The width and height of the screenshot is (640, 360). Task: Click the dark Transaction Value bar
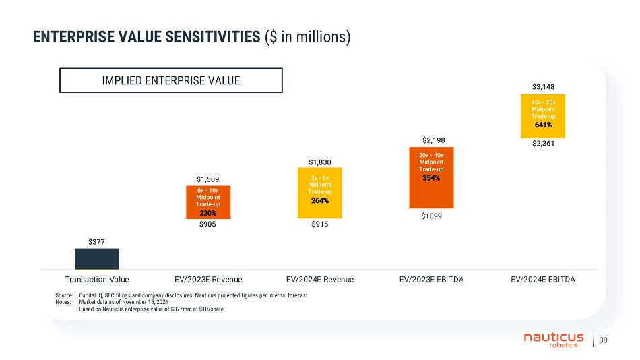[x=96, y=259]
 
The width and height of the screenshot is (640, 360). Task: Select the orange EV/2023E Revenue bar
[x=208, y=202]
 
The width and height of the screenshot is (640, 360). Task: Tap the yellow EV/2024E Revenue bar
[x=320, y=193]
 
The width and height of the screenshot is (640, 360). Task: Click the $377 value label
[x=96, y=241]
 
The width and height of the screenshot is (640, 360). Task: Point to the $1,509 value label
[x=208, y=179]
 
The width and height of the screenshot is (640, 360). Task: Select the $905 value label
[x=208, y=226]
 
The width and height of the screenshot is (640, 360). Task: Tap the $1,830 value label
[x=320, y=162]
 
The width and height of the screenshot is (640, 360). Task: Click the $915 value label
[x=320, y=226]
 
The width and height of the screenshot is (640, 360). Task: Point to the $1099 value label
[x=432, y=217]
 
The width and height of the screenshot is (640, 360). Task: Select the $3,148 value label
[x=543, y=86]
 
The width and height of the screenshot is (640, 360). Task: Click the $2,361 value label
[x=543, y=143]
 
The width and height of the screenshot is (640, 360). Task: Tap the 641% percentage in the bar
[x=543, y=125]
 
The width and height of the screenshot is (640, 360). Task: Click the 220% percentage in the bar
[x=208, y=213]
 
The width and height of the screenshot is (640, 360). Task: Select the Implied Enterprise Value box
[x=170, y=80]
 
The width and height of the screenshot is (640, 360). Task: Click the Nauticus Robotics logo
[x=554, y=340]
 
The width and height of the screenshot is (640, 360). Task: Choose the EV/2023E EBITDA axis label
[x=432, y=278]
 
